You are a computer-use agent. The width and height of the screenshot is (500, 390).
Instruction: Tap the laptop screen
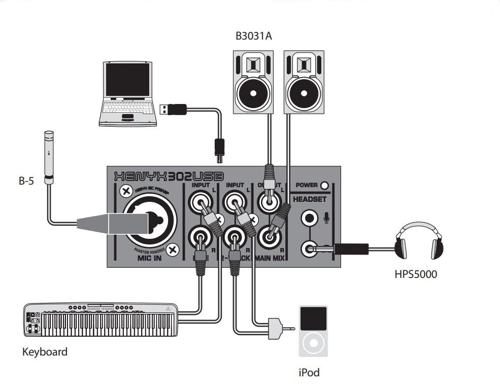click(127, 80)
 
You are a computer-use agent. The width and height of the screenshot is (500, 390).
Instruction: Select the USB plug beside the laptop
click(174, 109)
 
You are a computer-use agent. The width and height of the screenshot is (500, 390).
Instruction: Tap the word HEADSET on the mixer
click(310, 199)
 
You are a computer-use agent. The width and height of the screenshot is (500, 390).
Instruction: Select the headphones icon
click(419, 241)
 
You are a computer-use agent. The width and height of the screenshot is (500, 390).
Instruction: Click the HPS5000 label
click(416, 275)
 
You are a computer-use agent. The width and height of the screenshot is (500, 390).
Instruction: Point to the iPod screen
click(313, 318)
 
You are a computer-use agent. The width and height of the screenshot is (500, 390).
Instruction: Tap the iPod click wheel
click(313, 343)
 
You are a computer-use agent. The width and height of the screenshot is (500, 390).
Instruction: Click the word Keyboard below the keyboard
click(45, 351)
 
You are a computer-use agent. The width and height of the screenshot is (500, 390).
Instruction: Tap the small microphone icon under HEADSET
click(326, 218)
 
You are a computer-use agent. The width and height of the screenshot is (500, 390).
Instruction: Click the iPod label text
click(309, 373)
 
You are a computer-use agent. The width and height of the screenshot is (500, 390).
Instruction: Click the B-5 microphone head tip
click(49, 135)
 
